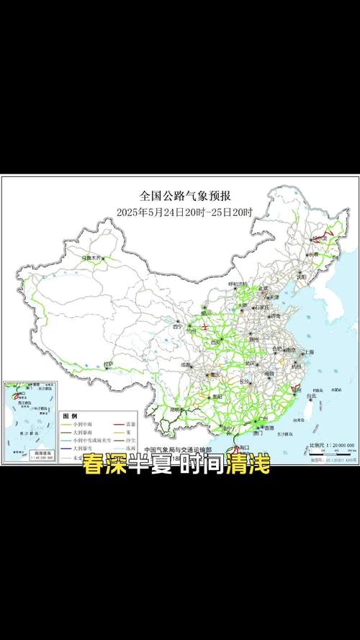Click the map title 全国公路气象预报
pyautogui.click(x=185, y=195)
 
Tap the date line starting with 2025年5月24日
pyautogui.click(x=185, y=212)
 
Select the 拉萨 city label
pyautogui.click(x=108, y=364)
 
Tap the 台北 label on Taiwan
pyautogui.click(x=311, y=396)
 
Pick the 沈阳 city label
pyautogui.click(x=301, y=276)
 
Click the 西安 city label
pyautogui.click(x=215, y=341)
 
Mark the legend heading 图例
pyautogui.click(x=70, y=416)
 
